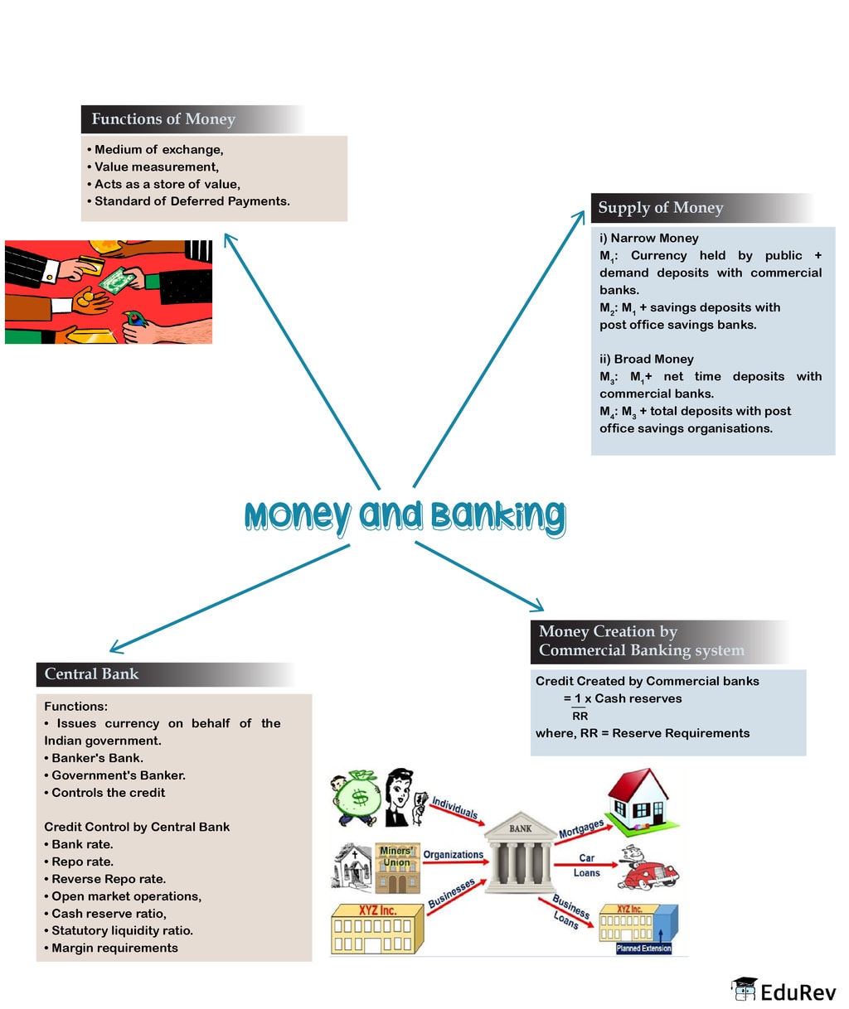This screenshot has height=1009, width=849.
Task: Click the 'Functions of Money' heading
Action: pyautogui.click(x=163, y=119)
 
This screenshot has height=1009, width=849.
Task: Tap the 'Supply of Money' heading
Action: pyautogui.click(x=661, y=208)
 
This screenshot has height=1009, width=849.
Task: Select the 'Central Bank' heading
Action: pyautogui.click(x=91, y=674)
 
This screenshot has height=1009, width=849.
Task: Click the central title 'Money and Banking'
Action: pyautogui.click(x=405, y=516)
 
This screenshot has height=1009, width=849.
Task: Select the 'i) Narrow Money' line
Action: pyautogui.click(x=648, y=239)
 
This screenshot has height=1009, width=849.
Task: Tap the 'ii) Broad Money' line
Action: pyautogui.click(x=646, y=360)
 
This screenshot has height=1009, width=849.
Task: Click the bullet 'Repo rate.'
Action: pyautogui.click(x=82, y=862)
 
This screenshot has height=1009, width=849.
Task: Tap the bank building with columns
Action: pyautogui.click(x=521, y=854)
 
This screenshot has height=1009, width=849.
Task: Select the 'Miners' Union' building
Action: pyautogui.click(x=395, y=867)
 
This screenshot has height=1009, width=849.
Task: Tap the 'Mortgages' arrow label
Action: pyautogui.click(x=580, y=828)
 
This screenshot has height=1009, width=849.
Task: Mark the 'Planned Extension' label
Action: pyautogui.click(x=643, y=949)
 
